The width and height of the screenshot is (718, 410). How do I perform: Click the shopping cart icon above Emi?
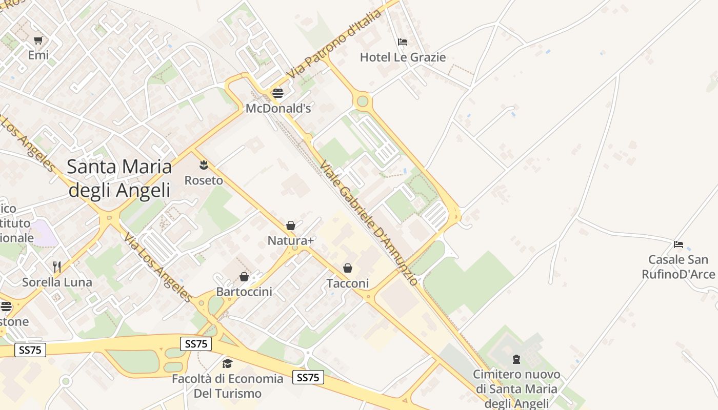[x=38, y=40]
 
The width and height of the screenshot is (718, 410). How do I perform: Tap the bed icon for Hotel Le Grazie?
[x=403, y=42]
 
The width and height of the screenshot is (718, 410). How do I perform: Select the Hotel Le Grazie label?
[x=403, y=57]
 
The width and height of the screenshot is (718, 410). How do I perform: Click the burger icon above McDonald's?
[x=278, y=93]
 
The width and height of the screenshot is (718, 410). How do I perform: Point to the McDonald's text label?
[x=278, y=109]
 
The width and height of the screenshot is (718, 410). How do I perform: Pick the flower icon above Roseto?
[x=204, y=165]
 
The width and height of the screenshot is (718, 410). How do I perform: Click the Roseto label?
[x=204, y=180]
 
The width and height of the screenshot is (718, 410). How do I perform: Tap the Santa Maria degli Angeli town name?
[x=119, y=178]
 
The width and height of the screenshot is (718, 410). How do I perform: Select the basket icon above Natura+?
[x=291, y=225]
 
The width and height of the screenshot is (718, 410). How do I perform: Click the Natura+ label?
[x=291, y=240]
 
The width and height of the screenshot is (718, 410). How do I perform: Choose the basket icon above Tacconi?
[x=348, y=268]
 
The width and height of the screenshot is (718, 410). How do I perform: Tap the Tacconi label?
[x=348, y=283]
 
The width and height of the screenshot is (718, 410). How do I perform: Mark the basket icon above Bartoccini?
[x=244, y=277]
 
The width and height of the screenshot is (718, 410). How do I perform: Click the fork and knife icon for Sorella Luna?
[x=57, y=266]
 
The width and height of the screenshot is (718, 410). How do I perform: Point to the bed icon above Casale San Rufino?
[x=679, y=244]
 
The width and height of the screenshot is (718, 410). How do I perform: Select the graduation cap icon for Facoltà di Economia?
[x=227, y=364]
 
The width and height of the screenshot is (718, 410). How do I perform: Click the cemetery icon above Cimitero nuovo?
[x=516, y=359]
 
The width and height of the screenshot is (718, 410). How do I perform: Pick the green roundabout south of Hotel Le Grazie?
[x=363, y=100]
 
